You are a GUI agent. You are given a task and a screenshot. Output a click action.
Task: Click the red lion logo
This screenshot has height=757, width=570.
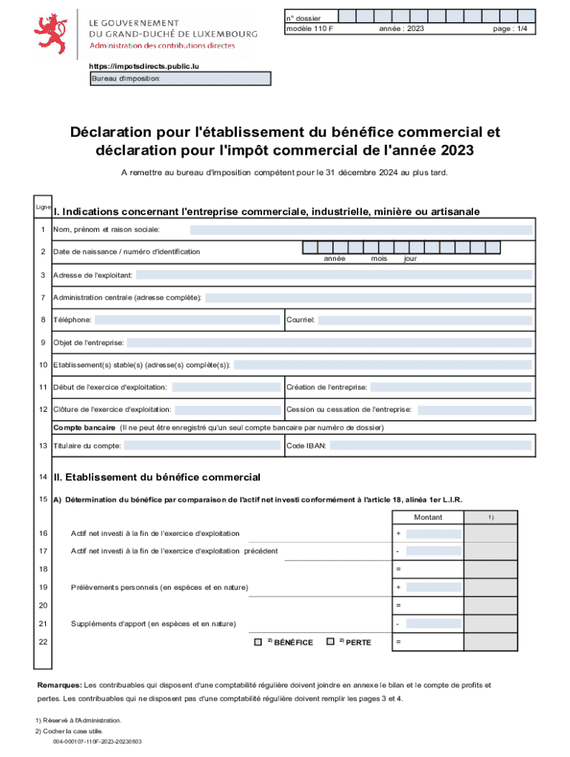[53, 30]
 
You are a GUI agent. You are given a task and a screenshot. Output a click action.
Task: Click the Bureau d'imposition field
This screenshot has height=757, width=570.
[181, 79]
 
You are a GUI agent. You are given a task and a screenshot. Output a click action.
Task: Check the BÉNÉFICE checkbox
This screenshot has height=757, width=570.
[258, 642]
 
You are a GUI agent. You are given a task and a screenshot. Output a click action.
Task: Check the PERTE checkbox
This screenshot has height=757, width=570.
[330, 642]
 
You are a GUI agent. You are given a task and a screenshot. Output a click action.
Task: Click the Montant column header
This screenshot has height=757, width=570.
[428, 517]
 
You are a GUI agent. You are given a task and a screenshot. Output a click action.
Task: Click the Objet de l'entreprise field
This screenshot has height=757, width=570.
[329, 343]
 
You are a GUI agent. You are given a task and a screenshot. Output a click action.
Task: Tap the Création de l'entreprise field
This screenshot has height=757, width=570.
[451, 387]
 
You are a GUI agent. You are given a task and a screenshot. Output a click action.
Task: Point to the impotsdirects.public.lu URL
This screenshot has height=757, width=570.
[144, 66]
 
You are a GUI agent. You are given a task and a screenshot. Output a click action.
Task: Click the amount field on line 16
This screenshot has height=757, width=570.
[434, 534]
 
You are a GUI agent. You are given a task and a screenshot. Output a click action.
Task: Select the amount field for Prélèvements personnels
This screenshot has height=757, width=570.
[434, 588]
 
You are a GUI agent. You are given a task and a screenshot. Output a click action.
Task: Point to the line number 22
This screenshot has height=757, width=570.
[43, 642]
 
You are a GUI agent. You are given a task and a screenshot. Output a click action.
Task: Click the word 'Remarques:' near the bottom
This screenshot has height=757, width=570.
[60, 685]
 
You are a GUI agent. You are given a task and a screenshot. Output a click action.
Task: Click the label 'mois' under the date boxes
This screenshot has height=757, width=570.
[379, 259]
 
